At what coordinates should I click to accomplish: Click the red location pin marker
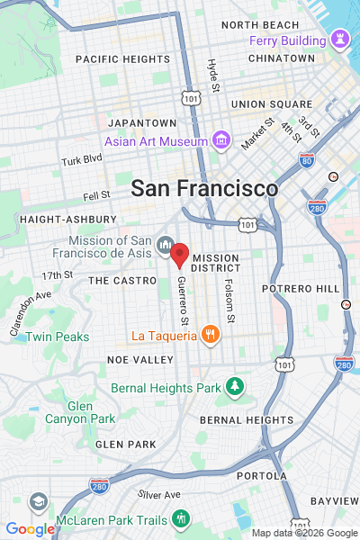[x=179, y=255]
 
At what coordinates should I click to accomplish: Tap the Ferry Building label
[x=288, y=40]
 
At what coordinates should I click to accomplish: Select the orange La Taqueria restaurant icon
[x=210, y=336]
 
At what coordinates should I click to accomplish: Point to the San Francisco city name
[x=204, y=189]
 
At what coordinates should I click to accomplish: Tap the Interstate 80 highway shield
[x=307, y=159]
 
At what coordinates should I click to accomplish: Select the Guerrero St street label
[x=183, y=301]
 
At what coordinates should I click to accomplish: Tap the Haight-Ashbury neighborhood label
[x=67, y=219]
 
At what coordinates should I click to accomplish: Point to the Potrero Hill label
[x=301, y=288]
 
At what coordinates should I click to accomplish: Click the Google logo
[x=30, y=529]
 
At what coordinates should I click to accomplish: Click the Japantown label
[x=141, y=122]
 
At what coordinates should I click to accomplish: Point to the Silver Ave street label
[x=159, y=494]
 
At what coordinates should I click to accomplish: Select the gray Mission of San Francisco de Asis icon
[x=166, y=244]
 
